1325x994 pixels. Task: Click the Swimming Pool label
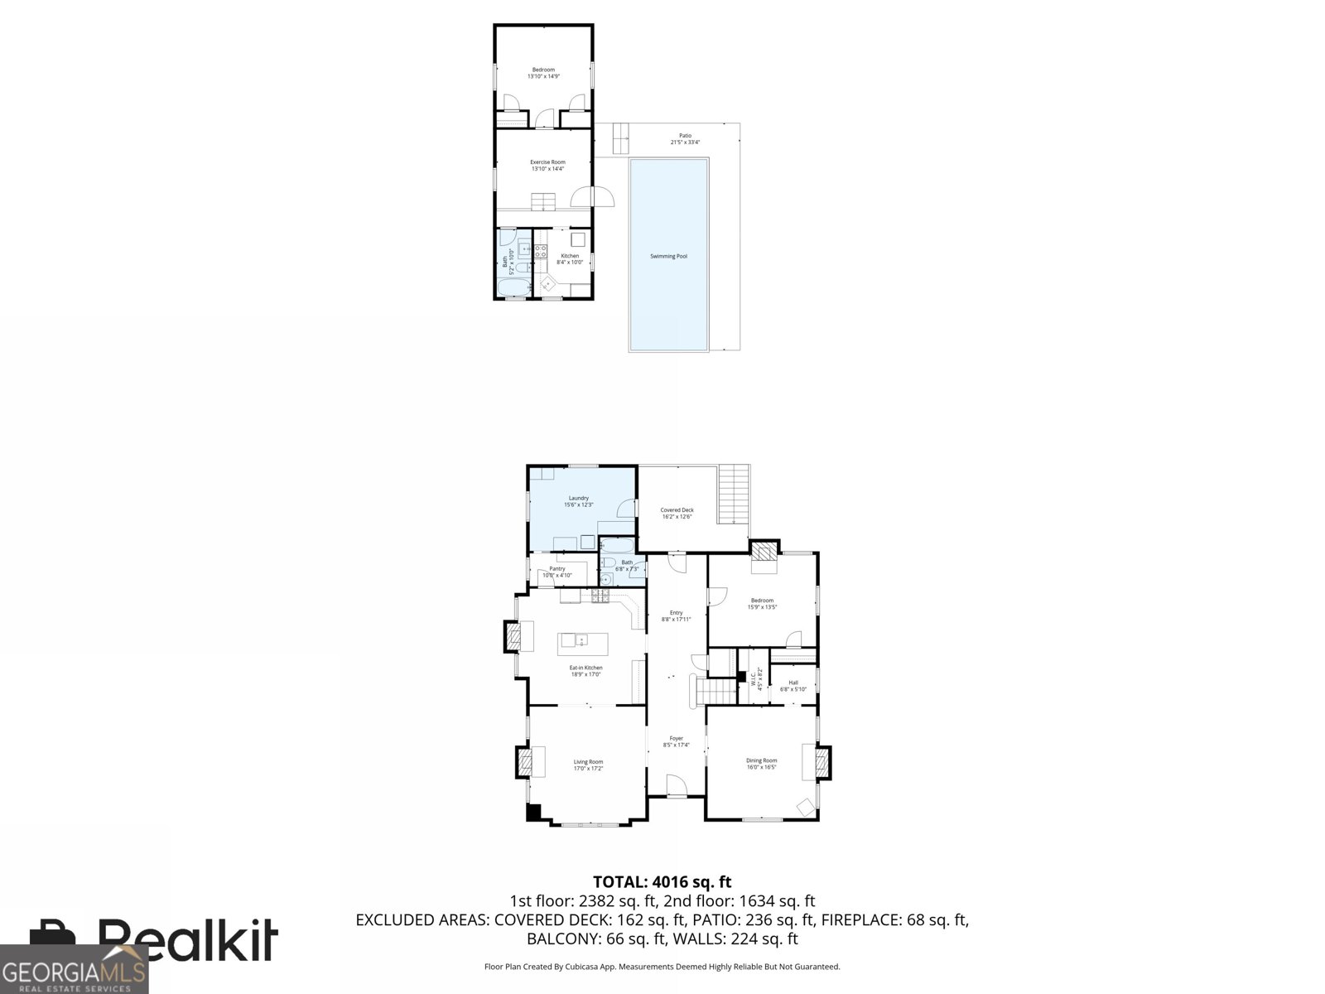click(668, 256)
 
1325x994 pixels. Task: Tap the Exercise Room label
click(547, 165)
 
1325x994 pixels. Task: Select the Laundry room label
click(578, 501)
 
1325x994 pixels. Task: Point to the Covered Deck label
click(677, 514)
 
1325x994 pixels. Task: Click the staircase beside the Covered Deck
click(734, 495)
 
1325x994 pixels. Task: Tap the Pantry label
click(556, 572)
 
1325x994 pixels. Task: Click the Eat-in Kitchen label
click(585, 670)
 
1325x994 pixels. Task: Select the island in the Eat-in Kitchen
click(583, 640)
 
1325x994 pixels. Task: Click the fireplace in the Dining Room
click(822, 762)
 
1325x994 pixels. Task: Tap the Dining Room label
click(761, 763)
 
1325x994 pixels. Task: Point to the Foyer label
click(677, 741)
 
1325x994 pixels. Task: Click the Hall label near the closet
click(793, 686)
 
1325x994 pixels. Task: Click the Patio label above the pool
click(685, 138)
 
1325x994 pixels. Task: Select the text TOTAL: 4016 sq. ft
click(662, 882)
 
